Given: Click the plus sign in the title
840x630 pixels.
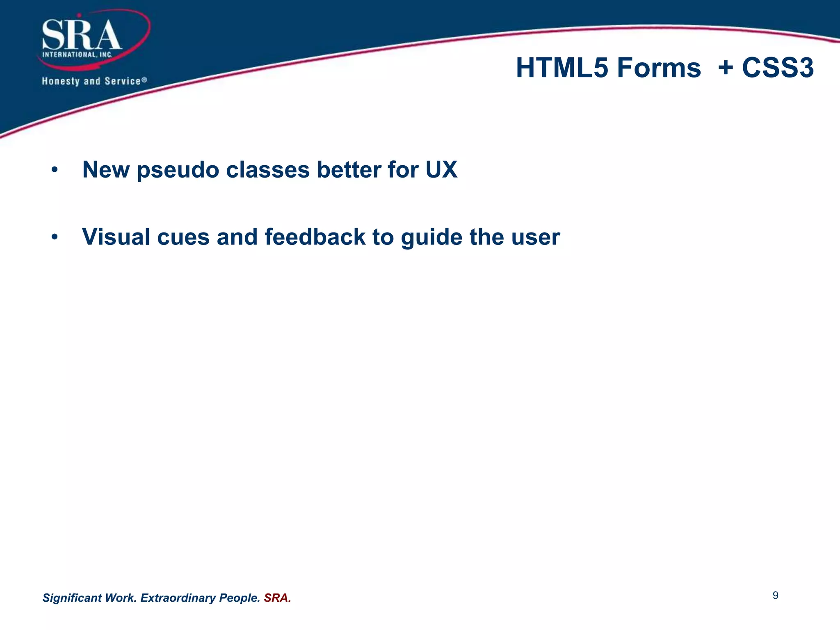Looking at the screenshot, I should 726,67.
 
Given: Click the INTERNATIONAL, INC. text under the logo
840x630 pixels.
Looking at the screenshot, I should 77,55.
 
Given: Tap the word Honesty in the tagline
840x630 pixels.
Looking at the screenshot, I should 60,81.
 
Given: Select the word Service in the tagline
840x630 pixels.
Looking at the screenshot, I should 122,81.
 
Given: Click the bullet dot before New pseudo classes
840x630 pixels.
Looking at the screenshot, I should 55,170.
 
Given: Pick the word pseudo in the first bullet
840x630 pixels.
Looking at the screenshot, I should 178,170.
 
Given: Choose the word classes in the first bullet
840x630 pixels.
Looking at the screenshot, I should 267,170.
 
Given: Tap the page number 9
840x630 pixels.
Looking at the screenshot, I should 775,596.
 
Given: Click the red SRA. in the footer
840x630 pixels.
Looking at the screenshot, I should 277,598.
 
